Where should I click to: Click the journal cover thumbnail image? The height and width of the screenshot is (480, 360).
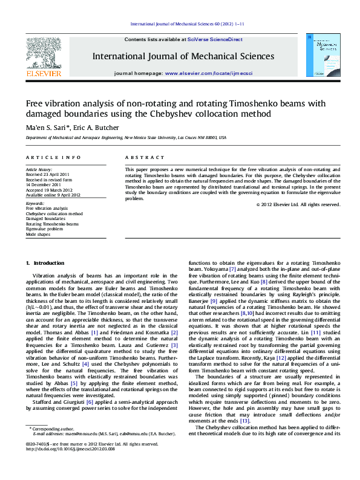(327, 55)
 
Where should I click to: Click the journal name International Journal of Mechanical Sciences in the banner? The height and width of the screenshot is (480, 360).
(183, 56)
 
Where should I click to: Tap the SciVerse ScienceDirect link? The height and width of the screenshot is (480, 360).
(215, 39)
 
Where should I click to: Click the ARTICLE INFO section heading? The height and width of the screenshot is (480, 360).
(50, 157)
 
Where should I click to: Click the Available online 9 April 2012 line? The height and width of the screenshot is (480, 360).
(53, 195)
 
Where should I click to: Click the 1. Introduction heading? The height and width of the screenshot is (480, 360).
(45, 263)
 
